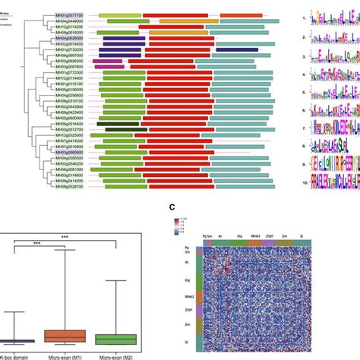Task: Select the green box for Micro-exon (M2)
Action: click(x=115, y=339)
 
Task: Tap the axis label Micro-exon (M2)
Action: click(x=115, y=355)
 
